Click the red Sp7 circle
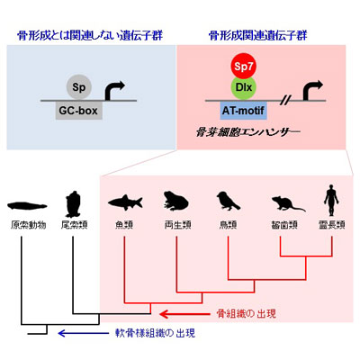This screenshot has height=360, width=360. [x=244, y=66]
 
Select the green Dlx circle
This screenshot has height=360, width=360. [x=244, y=87]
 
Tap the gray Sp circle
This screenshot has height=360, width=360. [x=78, y=87]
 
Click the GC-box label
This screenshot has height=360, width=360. [x=78, y=111]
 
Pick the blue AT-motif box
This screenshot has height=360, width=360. [x=243, y=111]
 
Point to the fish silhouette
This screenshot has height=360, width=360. [x=125, y=202]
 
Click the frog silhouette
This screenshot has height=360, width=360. [x=175, y=200]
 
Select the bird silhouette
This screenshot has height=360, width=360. [x=228, y=201]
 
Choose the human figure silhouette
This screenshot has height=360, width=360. [x=331, y=200]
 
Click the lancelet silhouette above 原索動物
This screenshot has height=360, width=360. [x=27, y=206]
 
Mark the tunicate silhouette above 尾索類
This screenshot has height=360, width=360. [x=73, y=204]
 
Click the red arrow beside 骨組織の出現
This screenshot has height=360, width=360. [x=184, y=314]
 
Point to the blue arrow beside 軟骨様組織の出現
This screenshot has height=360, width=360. [x=84, y=333]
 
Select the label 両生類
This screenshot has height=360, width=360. [x=177, y=225]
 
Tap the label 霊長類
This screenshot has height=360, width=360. [x=332, y=225]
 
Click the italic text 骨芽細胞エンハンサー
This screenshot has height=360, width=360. [x=247, y=131]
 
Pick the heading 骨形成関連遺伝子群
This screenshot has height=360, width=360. [x=258, y=36]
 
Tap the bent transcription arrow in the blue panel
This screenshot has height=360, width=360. [x=112, y=89]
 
